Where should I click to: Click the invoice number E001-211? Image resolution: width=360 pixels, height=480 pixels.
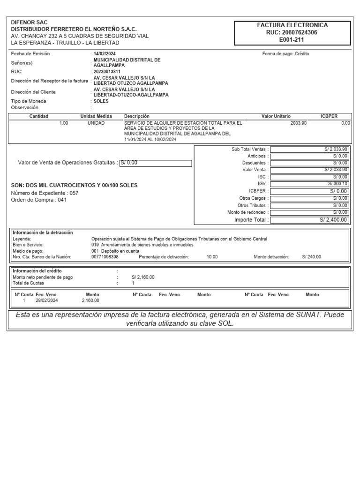click(292, 40)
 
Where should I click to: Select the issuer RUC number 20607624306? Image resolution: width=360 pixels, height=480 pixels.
click(292, 33)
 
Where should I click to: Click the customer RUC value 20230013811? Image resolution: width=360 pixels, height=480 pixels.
click(107, 72)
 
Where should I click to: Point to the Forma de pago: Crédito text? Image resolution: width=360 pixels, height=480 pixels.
click(285, 54)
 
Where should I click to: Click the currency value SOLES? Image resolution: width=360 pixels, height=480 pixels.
click(101, 101)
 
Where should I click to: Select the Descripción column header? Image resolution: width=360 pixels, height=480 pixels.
click(136, 116)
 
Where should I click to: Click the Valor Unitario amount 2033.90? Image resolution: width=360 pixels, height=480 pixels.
click(299, 123)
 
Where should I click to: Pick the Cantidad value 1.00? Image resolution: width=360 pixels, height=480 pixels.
click(64, 123)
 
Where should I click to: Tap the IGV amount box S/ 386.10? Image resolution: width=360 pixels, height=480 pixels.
click(309, 184)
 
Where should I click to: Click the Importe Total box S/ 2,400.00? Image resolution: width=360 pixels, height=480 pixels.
click(309, 219)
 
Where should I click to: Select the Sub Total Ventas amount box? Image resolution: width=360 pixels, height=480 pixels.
click(309, 149)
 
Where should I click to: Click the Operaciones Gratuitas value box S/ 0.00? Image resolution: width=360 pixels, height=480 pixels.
click(156, 163)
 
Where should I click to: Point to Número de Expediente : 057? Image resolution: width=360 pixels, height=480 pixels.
click(45, 193)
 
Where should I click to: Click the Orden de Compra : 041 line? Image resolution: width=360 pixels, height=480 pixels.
click(39, 200)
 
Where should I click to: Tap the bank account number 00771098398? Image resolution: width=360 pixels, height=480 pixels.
click(105, 257)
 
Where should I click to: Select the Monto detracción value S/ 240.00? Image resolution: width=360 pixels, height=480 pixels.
click(312, 257)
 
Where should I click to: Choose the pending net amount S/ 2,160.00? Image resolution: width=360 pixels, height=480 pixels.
click(143, 277)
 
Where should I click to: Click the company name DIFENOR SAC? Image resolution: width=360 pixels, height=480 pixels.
click(29, 22)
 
